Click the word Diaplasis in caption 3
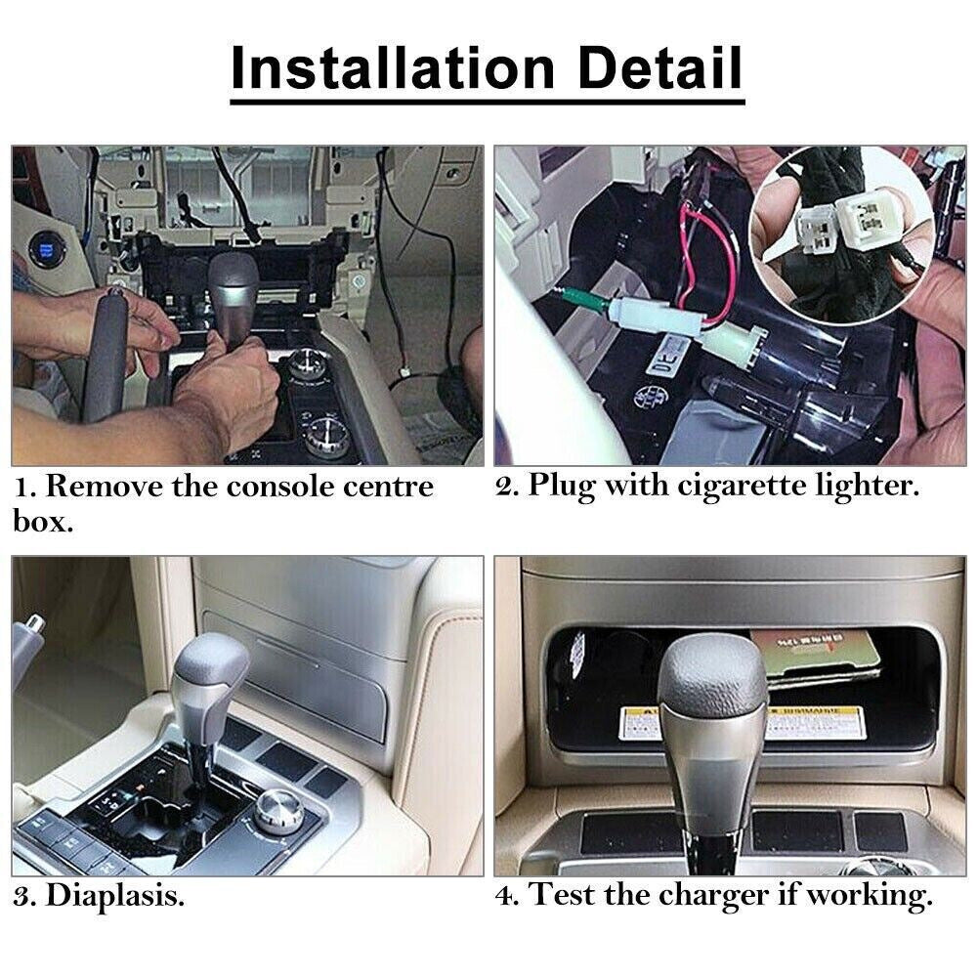114,895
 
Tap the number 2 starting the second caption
506,487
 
